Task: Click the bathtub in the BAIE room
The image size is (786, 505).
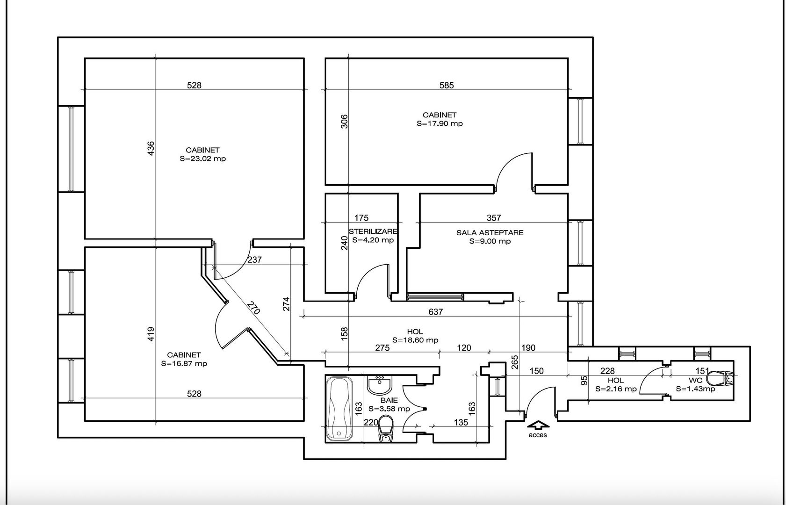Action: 340,408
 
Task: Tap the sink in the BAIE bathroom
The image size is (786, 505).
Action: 380,385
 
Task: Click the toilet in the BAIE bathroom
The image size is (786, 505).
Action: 386,429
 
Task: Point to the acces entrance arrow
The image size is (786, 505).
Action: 538,426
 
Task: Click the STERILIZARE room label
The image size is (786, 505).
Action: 373,231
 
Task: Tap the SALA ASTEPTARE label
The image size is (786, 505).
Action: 490,232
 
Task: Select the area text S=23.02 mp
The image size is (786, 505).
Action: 202,159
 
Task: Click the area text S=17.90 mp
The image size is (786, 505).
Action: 440,124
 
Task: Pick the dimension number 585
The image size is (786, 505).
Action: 447,85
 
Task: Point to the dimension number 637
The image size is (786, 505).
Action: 435,311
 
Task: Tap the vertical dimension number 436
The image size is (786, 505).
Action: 151,149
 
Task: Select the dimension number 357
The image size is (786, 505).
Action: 494,217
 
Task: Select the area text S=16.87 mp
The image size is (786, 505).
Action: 184,363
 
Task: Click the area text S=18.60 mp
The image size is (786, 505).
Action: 415,340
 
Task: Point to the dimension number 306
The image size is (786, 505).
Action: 344,122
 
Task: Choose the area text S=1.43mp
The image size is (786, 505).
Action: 695,389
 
